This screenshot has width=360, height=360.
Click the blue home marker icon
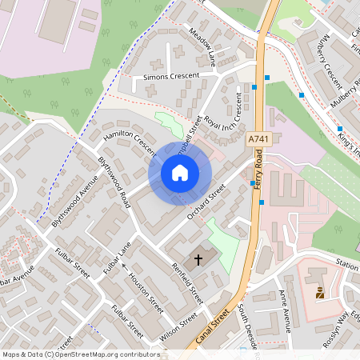pyautogui.click(x=180, y=173)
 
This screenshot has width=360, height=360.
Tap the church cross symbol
pyautogui.click(x=199, y=260)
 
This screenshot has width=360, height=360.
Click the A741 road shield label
pyautogui.click(x=258, y=138)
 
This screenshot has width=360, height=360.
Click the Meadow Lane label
pyautogui.click(x=202, y=47)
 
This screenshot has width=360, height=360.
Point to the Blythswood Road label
pyautogui.click(x=114, y=182)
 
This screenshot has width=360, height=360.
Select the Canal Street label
pyautogui.click(x=211, y=324)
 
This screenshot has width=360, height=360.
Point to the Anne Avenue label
pyautogui.click(x=285, y=310)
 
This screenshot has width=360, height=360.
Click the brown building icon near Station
pyautogui.click(x=321, y=293)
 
